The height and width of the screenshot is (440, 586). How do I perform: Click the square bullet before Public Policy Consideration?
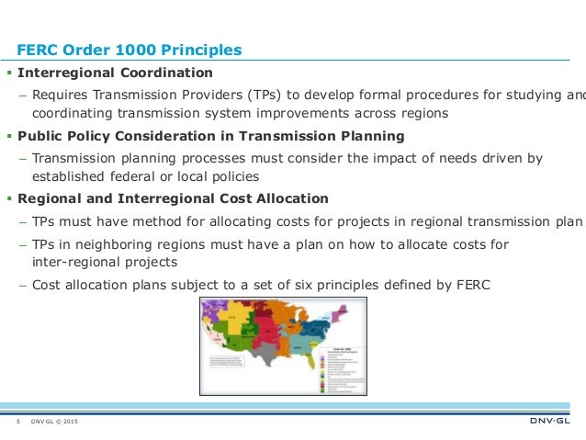(x=11, y=136)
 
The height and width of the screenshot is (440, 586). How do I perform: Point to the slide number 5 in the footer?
(x=18, y=422)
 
